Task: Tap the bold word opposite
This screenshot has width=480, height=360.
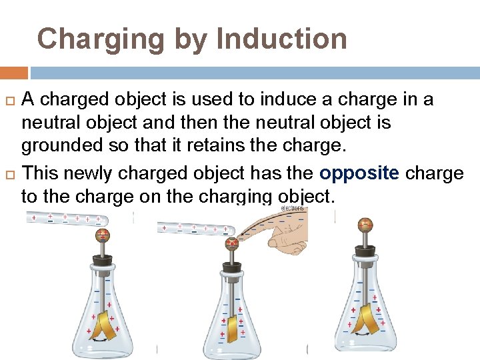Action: pos(359,173)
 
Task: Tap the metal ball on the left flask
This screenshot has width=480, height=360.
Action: pos(103,234)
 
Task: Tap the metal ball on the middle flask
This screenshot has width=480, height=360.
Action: pos(232,243)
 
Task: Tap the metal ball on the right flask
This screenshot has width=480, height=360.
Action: pos(365,225)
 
